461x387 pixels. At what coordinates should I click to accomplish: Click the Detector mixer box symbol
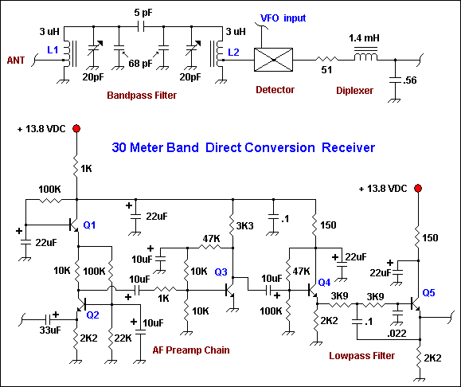click(x=273, y=60)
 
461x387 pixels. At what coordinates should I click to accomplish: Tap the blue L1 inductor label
click(x=53, y=50)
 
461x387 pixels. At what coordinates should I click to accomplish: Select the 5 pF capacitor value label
click(x=143, y=13)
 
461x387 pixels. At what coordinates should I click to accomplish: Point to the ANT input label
click(x=16, y=61)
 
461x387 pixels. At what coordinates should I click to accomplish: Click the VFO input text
click(x=283, y=18)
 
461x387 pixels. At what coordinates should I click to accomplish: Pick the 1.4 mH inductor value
click(x=364, y=38)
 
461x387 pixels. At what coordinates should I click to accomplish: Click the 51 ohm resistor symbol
click(x=326, y=60)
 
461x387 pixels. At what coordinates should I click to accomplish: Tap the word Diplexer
click(x=354, y=90)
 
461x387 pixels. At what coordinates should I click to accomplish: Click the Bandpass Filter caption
click(x=142, y=96)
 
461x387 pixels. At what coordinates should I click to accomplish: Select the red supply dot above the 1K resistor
click(x=76, y=128)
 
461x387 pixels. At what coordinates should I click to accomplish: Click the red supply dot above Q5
click(x=418, y=188)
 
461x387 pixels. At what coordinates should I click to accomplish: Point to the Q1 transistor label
click(x=89, y=225)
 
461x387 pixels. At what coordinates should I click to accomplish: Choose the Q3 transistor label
click(x=221, y=272)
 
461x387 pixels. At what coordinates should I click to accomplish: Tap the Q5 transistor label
click(x=428, y=292)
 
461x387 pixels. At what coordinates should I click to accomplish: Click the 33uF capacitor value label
click(x=50, y=330)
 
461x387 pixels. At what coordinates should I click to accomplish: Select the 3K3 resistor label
click(x=244, y=226)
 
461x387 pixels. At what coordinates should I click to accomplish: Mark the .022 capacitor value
click(x=397, y=333)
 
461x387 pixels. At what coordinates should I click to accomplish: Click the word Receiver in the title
click(x=349, y=147)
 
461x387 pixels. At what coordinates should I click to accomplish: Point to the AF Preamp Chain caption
click(x=191, y=350)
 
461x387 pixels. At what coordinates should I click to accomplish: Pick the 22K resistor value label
click(x=123, y=338)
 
